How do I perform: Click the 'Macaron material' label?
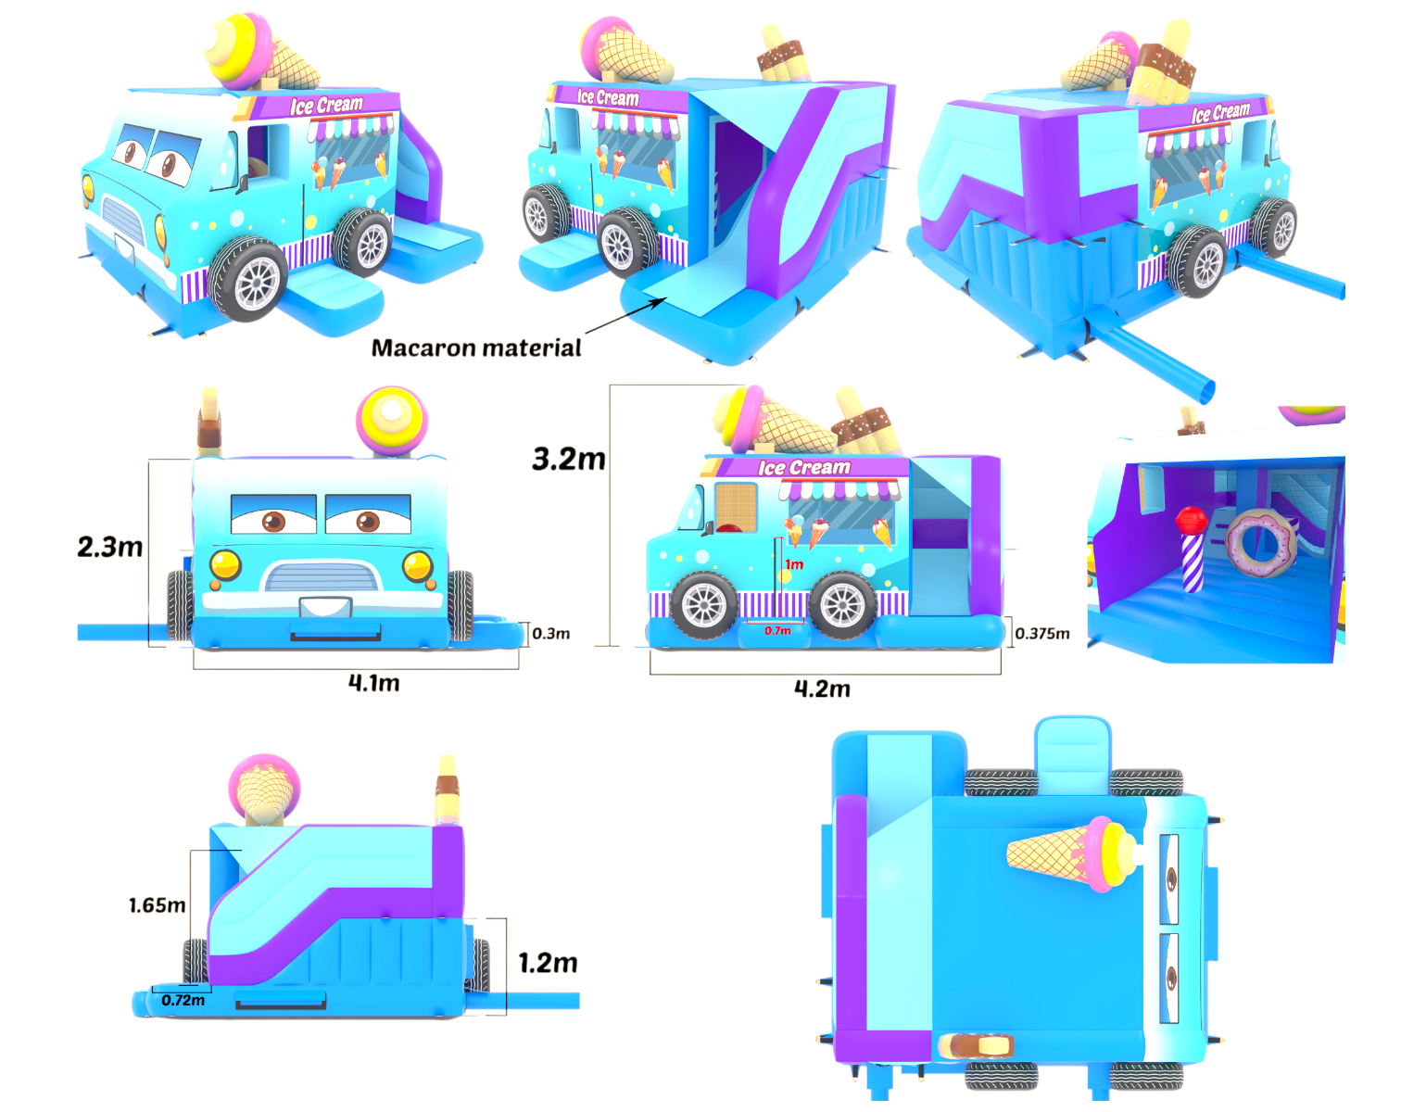click(476, 347)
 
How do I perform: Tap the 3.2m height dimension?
click(568, 459)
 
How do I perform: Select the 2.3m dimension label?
click(110, 547)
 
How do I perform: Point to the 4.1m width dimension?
click(373, 683)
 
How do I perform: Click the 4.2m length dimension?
click(822, 689)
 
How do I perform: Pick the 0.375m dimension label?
click(1042, 634)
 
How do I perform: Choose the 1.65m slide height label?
click(157, 905)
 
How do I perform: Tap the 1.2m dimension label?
click(548, 963)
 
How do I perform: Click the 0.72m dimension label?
click(183, 1001)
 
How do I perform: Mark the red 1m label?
click(794, 564)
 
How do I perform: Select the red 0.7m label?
click(777, 631)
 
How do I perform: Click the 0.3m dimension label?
click(550, 634)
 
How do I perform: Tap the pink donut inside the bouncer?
click(1259, 544)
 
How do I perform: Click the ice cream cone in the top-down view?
click(1072, 853)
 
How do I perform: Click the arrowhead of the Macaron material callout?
click(661, 301)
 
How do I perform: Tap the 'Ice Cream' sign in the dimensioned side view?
click(804, 467)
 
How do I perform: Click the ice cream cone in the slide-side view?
click(264, 790)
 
